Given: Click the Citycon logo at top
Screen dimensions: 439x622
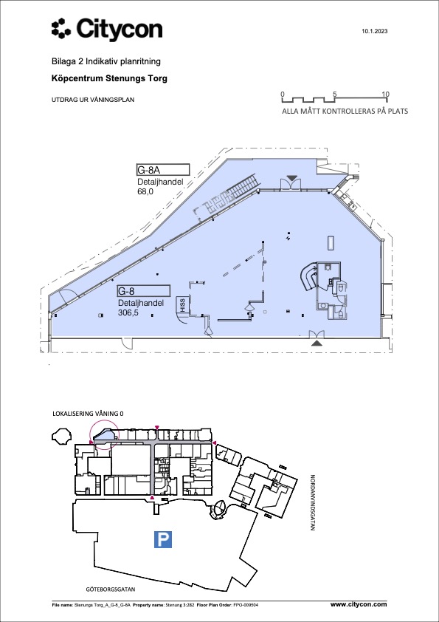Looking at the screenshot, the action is click(x=107, y=29).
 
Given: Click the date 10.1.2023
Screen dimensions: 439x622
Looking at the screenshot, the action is click(x=374, y=31).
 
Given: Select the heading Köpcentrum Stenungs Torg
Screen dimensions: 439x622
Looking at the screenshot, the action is click(x=109, y=78).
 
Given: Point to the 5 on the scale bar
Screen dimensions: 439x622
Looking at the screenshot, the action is click(x=335, y=95).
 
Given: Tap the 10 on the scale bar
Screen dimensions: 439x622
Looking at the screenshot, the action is click(x=386, y=95).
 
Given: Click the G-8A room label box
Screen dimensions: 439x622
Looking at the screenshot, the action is click(x=163, y=170).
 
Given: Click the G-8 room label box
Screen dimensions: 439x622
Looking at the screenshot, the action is click(x=143, y=291).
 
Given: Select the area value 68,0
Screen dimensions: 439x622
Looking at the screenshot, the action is click(x=145, y=191).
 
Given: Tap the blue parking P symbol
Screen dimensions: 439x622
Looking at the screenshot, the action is click(x=163, y=540).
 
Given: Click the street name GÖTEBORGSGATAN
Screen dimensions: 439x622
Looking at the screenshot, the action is click(x=111, y=589).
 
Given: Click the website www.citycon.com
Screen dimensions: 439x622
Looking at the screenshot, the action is click(x=359, y=604).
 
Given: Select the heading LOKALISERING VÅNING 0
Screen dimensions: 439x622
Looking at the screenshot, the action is click(x=88, y=414).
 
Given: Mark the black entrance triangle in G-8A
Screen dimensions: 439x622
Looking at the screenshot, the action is click(x=292, y=178).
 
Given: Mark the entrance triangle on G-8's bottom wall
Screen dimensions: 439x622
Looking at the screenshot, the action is click(x=317, y=343).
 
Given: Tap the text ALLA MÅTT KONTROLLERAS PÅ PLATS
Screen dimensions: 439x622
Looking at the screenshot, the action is click(x=345, y=112).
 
